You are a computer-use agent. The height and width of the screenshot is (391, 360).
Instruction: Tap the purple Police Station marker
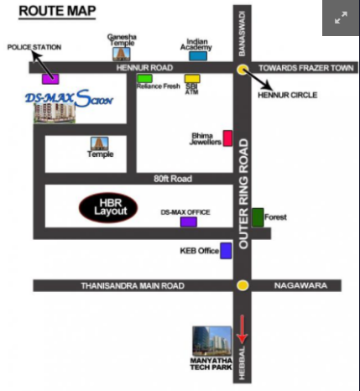50,79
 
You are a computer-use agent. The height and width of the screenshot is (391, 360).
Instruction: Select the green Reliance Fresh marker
145,78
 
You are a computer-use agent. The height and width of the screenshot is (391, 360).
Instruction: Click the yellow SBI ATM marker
192,78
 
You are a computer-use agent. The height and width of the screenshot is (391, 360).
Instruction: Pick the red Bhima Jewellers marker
227,138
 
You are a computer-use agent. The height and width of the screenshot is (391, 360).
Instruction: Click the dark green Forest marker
258,216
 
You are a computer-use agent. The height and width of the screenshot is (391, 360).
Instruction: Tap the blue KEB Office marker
226,250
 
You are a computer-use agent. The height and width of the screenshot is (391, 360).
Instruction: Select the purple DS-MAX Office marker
189,222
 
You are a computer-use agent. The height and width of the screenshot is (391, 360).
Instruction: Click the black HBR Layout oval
110,208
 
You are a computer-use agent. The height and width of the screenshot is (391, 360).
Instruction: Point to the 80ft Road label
173,179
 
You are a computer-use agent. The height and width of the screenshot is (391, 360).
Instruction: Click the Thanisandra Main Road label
132,286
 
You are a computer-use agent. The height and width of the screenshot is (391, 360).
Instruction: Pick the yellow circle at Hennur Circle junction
243,70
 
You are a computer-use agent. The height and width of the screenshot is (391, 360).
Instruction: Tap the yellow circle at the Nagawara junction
243,286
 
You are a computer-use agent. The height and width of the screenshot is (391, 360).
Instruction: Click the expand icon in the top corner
341,18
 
